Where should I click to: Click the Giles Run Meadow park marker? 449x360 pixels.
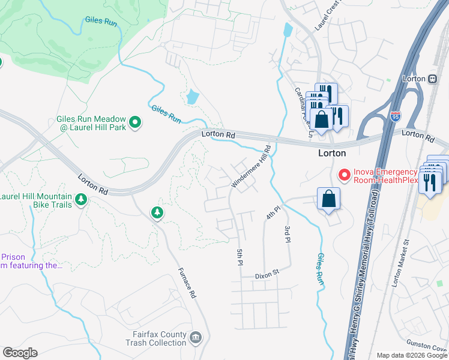coord(135,124)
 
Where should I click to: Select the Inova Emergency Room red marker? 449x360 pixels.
coord(345,175)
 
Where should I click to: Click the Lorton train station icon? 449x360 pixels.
coord(432,79)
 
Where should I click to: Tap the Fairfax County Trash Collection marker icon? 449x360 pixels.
coord(196,338)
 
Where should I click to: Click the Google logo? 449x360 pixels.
coord(20,353)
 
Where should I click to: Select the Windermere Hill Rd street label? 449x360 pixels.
coord(251,169)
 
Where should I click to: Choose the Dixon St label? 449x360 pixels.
coord(268,272)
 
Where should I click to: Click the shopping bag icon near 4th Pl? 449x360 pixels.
coord(328,200)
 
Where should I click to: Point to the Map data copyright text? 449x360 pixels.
coord(411,355)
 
